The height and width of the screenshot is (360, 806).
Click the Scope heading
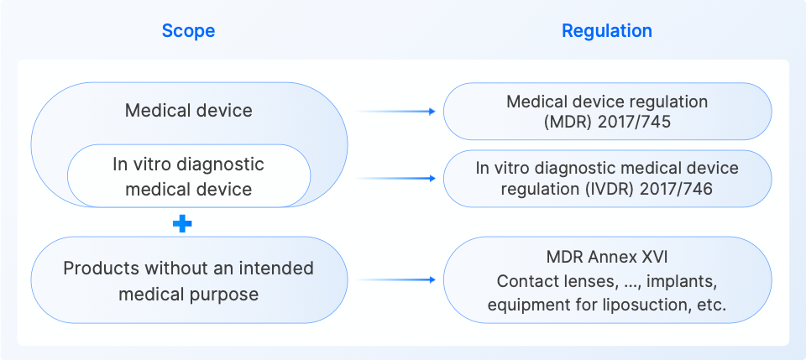tap(188, 31)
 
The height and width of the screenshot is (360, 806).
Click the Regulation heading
tap(606, 31)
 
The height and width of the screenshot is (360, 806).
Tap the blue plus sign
tap(182, 223)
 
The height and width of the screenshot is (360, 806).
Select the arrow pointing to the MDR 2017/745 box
tap(395, 111)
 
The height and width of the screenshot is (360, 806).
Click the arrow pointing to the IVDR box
tap(395, 178)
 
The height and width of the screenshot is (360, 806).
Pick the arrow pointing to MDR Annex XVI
tap(395, 279)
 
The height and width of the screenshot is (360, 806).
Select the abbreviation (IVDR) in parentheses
tap(613, 189)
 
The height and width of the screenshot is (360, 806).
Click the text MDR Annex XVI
tap(606, 255)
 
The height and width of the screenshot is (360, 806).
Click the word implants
tap(683, 280)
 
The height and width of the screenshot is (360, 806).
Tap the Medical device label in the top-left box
tap(188, 110)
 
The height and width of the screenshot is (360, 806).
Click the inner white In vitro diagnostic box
tap(188, 176)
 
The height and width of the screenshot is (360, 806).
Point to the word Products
tap(99, 269)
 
